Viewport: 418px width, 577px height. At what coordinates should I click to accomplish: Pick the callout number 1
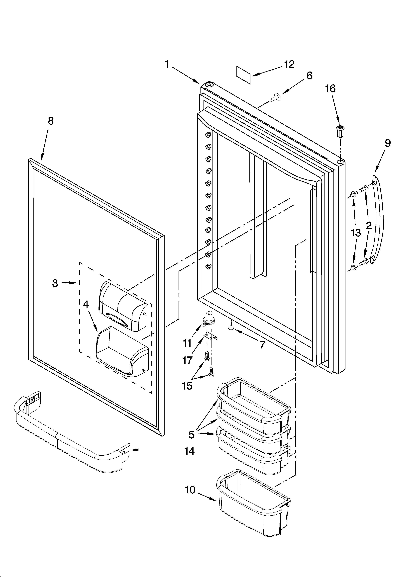pyautogui.click(x=167, y=64)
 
